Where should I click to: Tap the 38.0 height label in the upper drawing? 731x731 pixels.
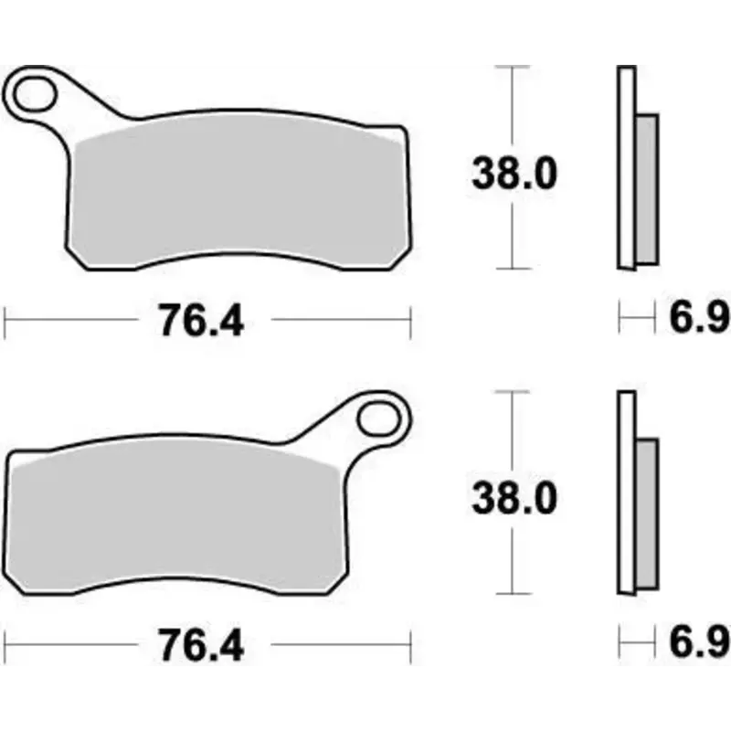[x=514, y=172]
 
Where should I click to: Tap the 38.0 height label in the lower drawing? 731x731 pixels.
[x=514, y=499]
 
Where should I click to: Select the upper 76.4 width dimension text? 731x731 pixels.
[x=201, y=322]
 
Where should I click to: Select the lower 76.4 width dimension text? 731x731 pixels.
[x=201, y=647]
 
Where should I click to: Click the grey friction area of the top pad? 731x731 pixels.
[x=238, y=192]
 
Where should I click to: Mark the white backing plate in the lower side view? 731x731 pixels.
[x=626, y=493]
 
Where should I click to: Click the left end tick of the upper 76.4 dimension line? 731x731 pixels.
[x=6, y=321]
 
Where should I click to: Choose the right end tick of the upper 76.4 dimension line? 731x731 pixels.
[x=410, y=321]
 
